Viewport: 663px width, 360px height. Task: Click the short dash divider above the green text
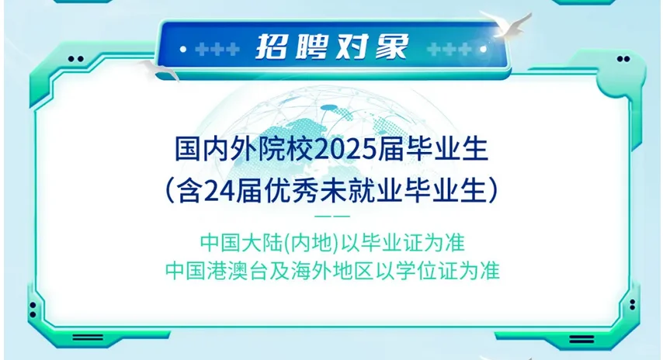point(331,215)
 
